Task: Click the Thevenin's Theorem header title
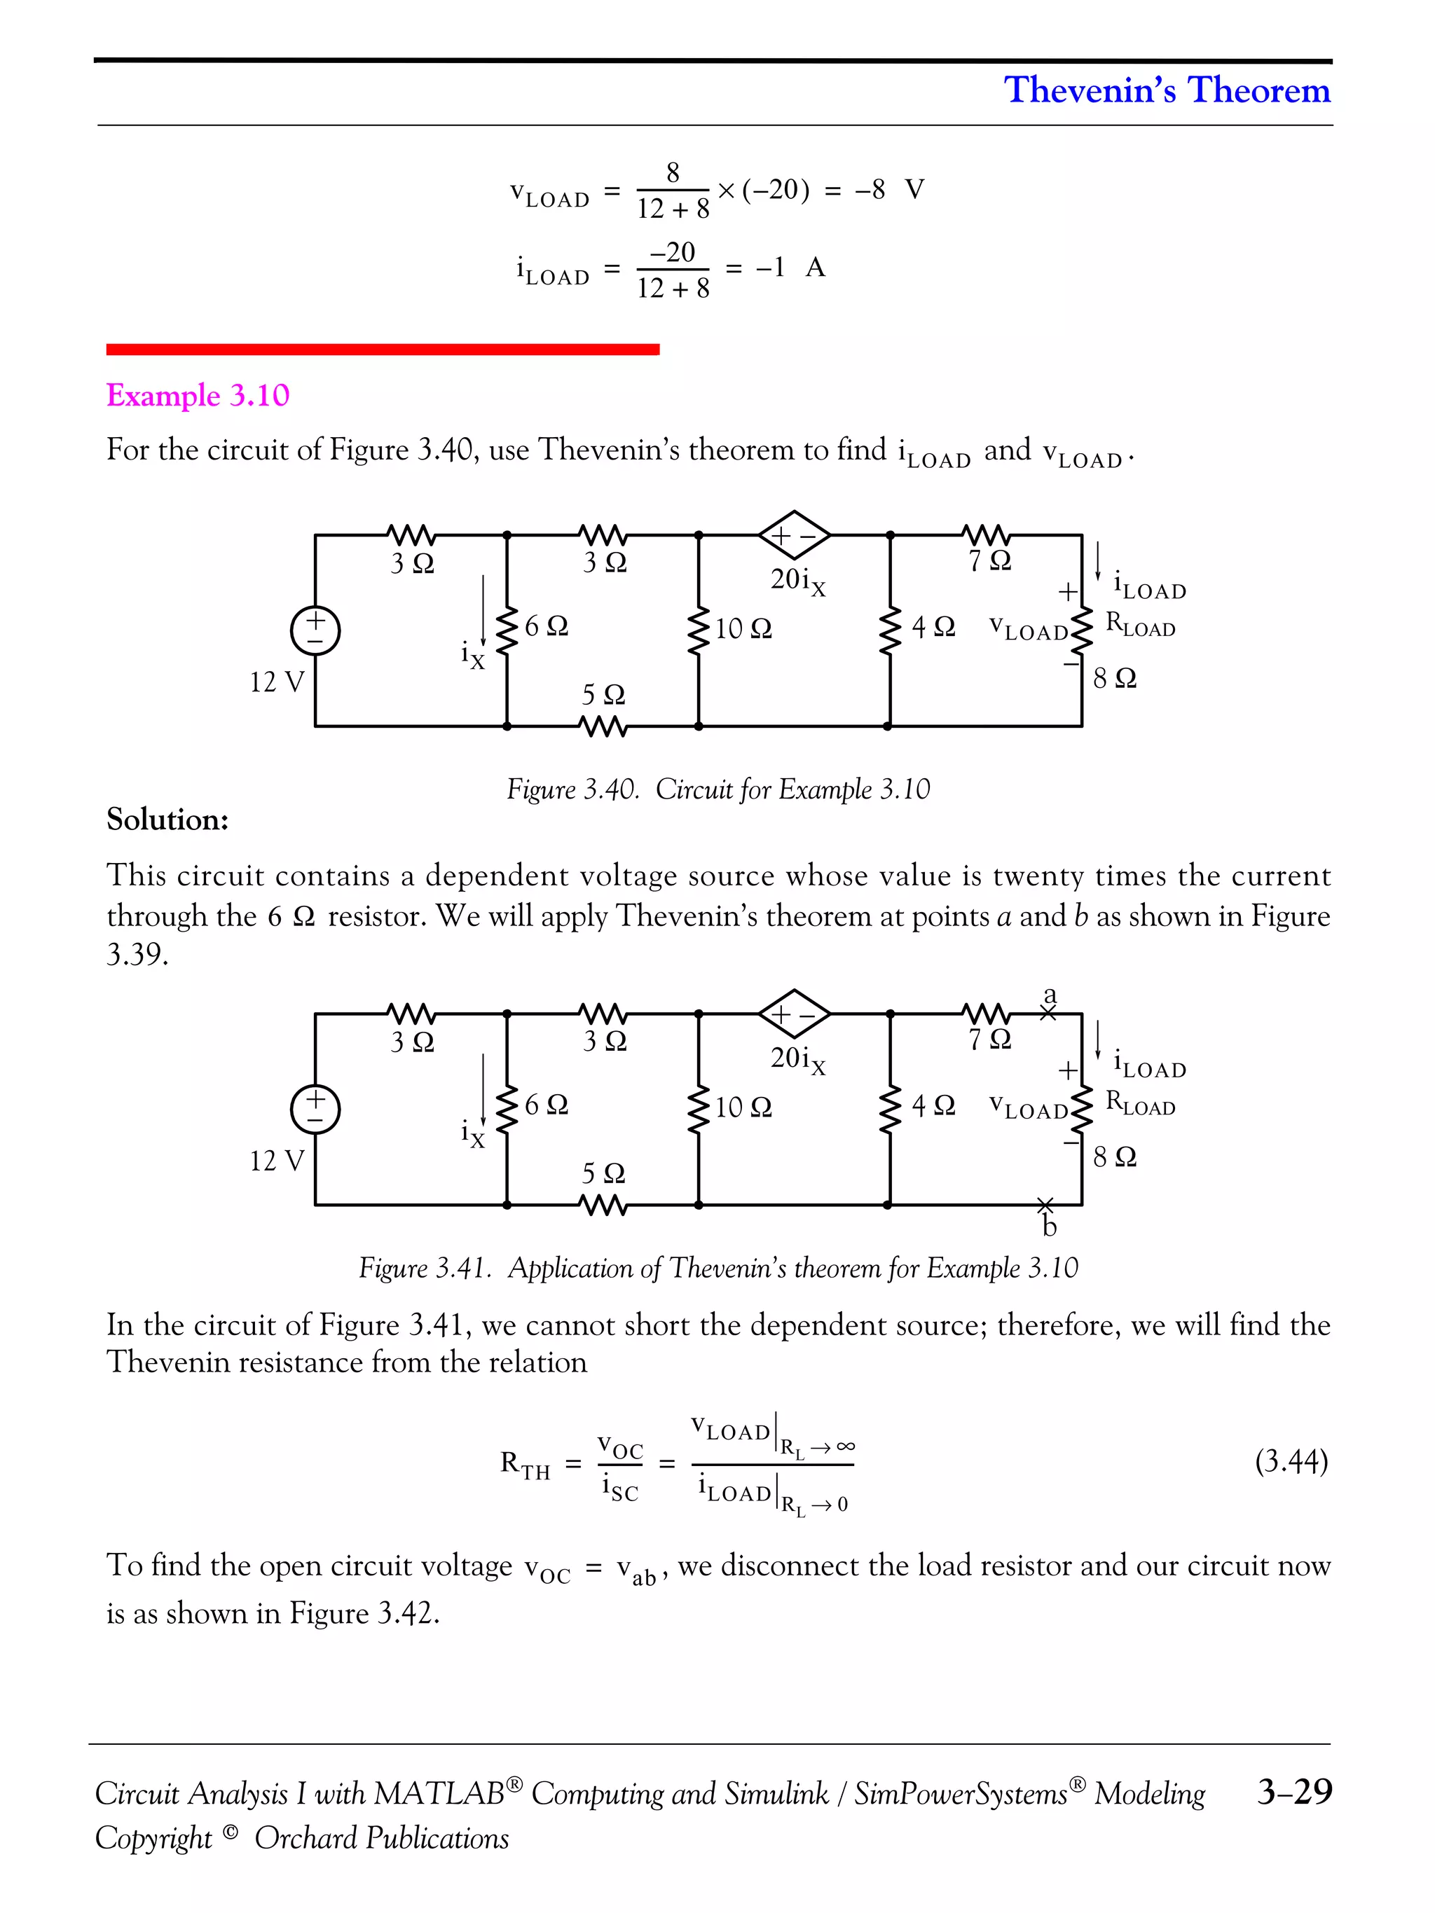coord(1166,90)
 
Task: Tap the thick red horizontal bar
coord(383,350)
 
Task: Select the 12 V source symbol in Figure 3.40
coord(315,630)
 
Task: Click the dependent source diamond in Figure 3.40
coord(794,535)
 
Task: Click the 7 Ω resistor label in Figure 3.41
coord(989,1040)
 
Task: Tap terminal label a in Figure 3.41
coord(1050,995)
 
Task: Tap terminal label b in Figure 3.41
coord(1049,1227)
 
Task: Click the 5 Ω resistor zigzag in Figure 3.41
coord(603,1205)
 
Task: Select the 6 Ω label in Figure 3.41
coord(547,1105)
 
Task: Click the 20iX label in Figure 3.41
coord(797,1059)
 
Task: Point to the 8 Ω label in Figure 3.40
coord(1114,678)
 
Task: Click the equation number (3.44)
coord(1291,1462)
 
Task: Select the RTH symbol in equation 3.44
coord(524,1464)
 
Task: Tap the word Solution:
coord(167,819)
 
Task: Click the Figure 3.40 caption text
coord(718,789)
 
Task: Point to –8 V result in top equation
coord(889,191)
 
